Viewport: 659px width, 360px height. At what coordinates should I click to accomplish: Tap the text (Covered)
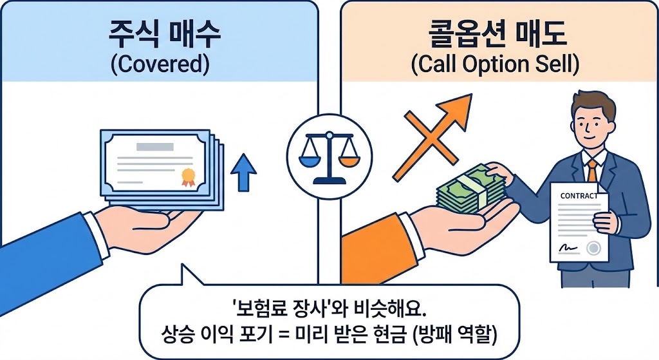(159, 64)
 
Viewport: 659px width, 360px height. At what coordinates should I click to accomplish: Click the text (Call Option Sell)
(495, 64)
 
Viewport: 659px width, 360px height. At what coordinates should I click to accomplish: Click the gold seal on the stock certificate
(188, 175)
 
